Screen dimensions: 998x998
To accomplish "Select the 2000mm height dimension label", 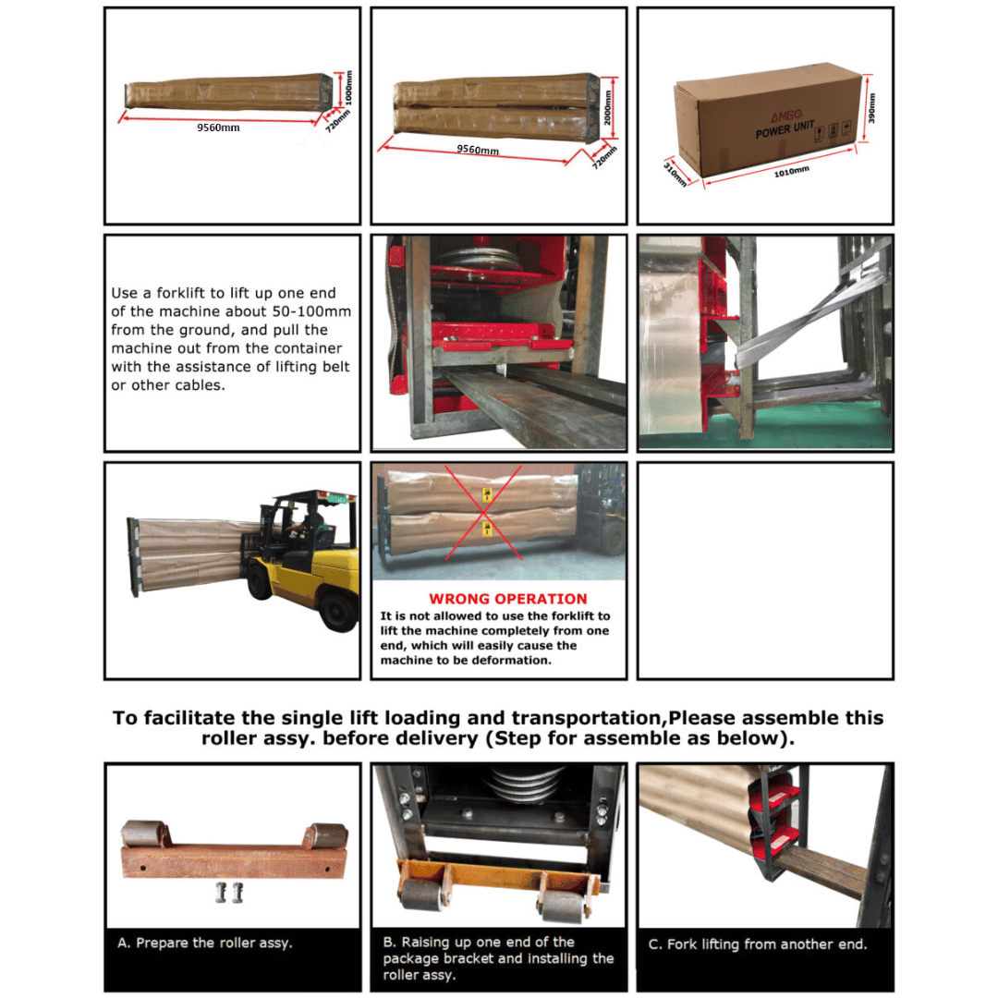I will (608, 107).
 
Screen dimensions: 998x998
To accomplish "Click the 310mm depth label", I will (675, 174).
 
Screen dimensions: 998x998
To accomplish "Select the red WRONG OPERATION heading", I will (507, 599).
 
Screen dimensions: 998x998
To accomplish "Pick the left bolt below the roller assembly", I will (221, 893).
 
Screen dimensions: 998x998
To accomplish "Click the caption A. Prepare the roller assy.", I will (203, 943).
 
